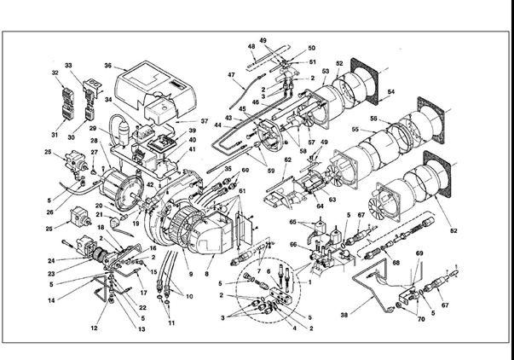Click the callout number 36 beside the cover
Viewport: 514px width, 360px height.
(108, 65)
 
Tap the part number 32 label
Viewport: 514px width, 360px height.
(56, 73)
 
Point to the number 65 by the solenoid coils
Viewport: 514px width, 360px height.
(293, 221)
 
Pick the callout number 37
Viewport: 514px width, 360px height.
(204, 120)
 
